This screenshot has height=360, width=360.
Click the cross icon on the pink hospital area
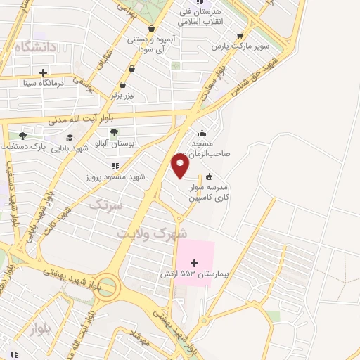(x=195, y=262)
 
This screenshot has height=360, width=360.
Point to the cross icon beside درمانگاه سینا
(x=44, y=72)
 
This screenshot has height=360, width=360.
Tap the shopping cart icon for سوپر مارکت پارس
(x=240, y=36)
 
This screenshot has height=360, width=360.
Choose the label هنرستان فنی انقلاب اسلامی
(x=201, y=17)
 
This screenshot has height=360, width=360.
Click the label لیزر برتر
(x=128, y=94)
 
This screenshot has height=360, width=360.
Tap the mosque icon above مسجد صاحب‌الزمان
(x=202, y=133)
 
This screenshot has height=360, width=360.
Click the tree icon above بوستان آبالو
(x=114, y=131)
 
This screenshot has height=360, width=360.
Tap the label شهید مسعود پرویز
(x=116, y=176)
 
